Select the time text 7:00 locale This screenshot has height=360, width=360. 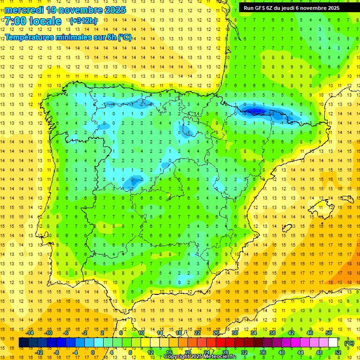pyautogui.click(x=33, y=21)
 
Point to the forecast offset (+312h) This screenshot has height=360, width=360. pyautogui.click(x=83, y=21)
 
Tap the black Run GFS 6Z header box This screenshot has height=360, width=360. pyautogui.click(x=295, y=7)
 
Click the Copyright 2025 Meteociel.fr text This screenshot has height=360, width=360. pyautogui.click(x=200, y=357)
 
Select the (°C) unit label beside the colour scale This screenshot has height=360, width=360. pyautogui.click(x=349, y=343)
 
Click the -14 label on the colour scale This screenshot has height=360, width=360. pyautogui.click(x=30, y=333)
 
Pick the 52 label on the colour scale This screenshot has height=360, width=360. pyautogui.click(x=338, y=352)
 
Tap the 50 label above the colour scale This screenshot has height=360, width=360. pyautogui.click(x=329, y=333)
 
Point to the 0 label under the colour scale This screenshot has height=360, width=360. pyautogui.click(x=93, y=352)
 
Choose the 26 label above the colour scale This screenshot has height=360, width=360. pyautogui.click(x=216, y=333)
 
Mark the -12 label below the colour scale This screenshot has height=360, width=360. pyautogui.click(x=39, y=352)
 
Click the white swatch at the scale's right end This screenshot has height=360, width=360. pyautogui.click(x=333, y=343)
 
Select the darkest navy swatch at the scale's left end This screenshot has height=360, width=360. pyautogui.click(x=23, y=343)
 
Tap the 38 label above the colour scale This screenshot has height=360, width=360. pyautogui.click(x=272, y=333)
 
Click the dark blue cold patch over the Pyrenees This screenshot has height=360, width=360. pyautogui.click(x=256, y=111)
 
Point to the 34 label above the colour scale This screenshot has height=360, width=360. pyautogui.click(x=254, y=333)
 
